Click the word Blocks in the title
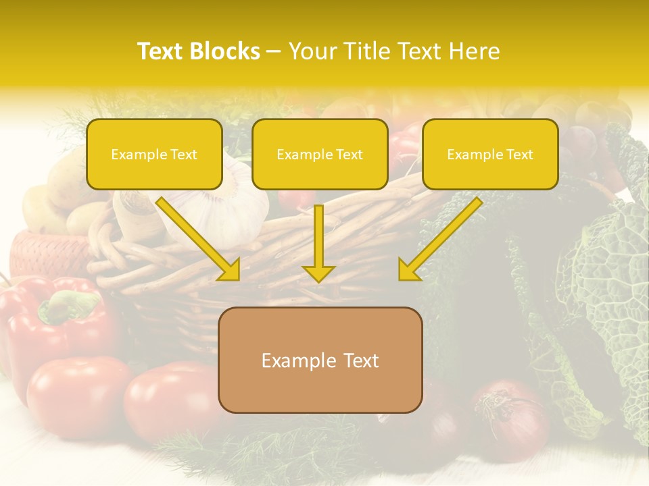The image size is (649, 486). click(225, 51)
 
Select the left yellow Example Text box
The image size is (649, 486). click(154, 155)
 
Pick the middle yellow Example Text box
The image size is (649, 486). click(320, 155)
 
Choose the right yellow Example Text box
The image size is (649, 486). click(490, 155)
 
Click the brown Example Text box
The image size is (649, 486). click(320, 360)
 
